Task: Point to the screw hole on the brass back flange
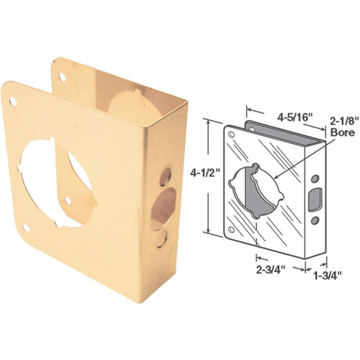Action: pyautogui.click(x=63, y=75)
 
